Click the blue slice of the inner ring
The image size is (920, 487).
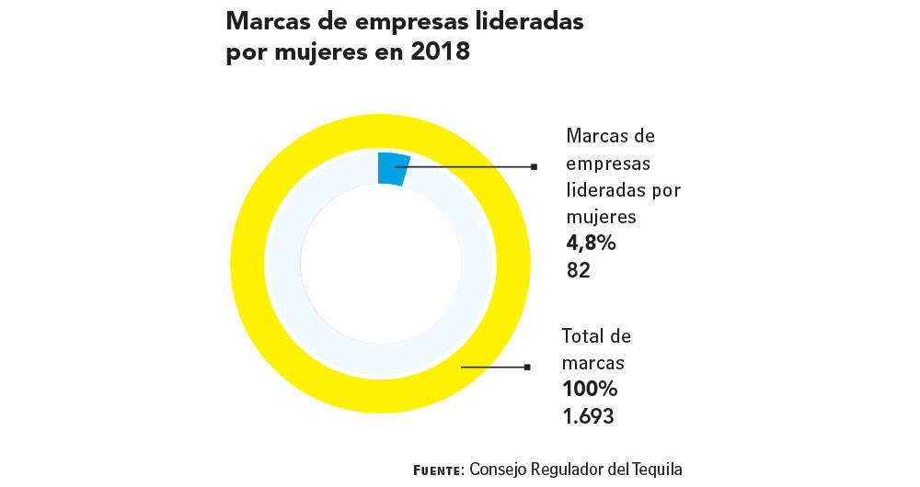point(393,169)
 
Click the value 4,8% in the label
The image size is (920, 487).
point(591,244)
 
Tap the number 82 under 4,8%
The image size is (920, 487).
point(578,271)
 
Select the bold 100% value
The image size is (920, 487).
point(590,388)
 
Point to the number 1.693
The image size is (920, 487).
point(588,416)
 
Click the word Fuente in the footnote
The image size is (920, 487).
point(438,470)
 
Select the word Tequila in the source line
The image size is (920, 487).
point(657,470)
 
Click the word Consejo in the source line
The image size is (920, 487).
point(500,470)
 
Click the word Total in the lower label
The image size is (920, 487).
point(585,335)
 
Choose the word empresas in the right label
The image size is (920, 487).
point(608,164)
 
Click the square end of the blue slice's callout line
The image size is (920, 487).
point(534,167)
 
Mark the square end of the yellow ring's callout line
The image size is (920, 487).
point(527,367)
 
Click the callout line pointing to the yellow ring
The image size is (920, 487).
point(492,367)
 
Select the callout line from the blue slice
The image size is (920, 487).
point(469,167)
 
